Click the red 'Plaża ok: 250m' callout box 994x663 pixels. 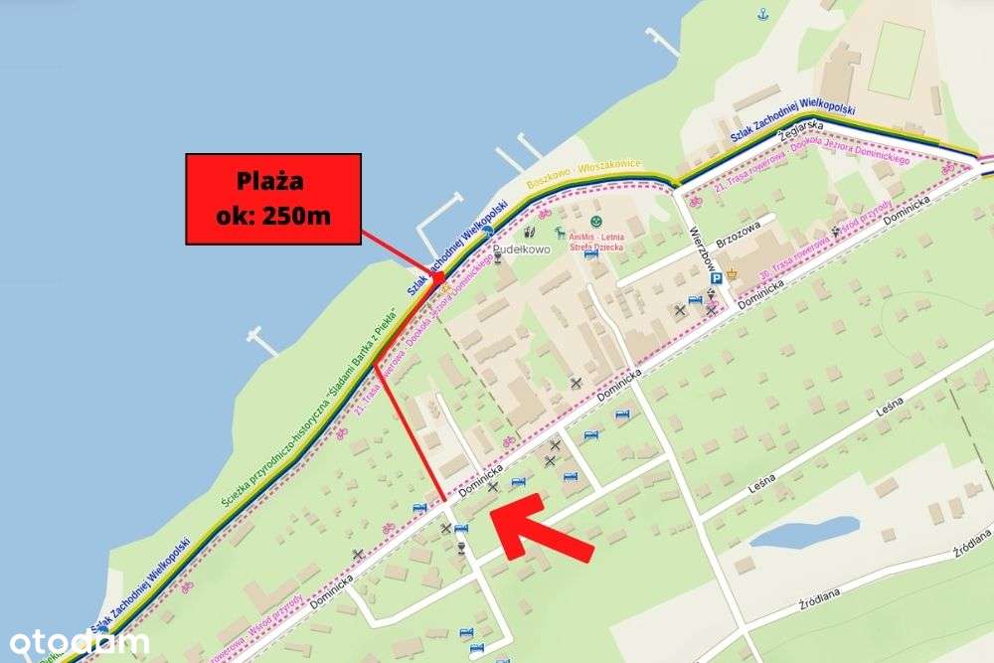click(x=273, y=199)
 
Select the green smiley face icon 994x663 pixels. click(x=594, y=219)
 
